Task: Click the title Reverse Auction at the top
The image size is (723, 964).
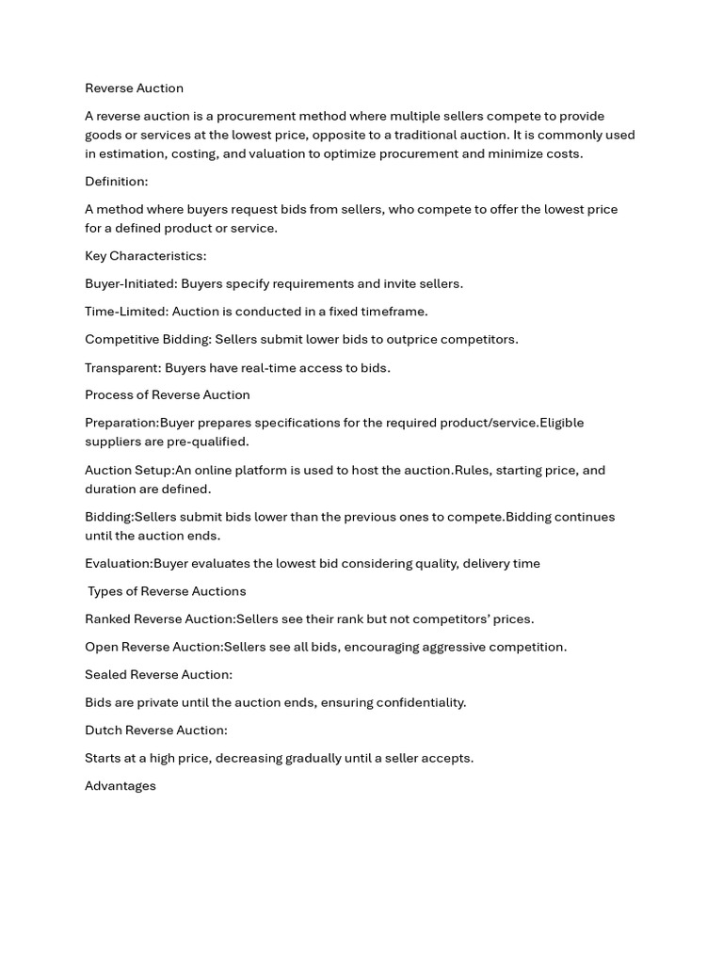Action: [134, 88]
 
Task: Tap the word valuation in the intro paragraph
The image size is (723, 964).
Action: [280, 153]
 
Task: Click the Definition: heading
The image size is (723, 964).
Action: [116, 181]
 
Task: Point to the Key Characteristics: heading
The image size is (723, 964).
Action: [145, 255]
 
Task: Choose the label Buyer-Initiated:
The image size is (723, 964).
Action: [131, 283]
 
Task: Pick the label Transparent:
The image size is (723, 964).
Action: [122, 367]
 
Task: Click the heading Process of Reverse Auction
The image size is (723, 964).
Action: [167, 394]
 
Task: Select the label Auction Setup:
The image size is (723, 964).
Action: [129, 470]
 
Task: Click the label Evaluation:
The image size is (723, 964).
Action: [119, 563]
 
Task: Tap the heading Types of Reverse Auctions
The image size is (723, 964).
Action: [167, 591]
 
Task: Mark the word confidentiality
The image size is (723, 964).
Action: [421, 702]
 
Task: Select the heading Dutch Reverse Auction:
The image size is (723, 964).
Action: [155, 730]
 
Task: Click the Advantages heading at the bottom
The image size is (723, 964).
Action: [120, 786]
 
